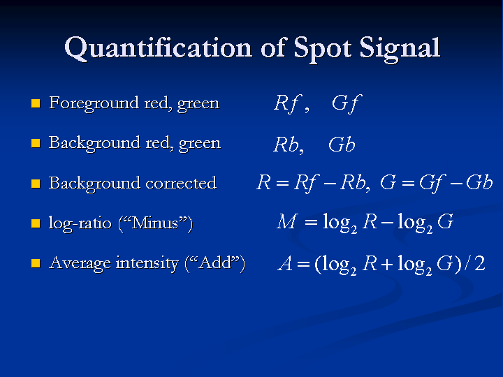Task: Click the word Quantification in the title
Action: (x=158, y=48)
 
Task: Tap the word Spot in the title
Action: (x=322, y=49)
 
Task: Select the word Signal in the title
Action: (x=400, y=49)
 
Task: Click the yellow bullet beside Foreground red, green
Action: (x=36, y=103)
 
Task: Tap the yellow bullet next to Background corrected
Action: (x=36, y=184)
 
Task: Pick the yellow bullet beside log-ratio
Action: (x=36, y=223)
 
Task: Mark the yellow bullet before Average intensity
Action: (x=36, y=263)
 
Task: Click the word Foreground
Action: (x=94, y=104)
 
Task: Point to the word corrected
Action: (x=181, y=183)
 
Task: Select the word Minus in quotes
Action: (x=155, y=223)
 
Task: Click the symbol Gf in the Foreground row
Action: (x=347, y=103)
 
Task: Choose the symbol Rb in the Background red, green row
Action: (x=286, y=145)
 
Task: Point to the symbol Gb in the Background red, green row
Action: (x=342, y=145)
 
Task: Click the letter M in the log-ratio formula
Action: (x=287, y=221)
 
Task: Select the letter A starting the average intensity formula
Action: (x=285, y=263)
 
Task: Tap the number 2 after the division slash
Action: (x=480, y=263)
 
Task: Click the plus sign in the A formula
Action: (x=387, y=264)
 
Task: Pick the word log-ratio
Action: (x=80, y=223)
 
